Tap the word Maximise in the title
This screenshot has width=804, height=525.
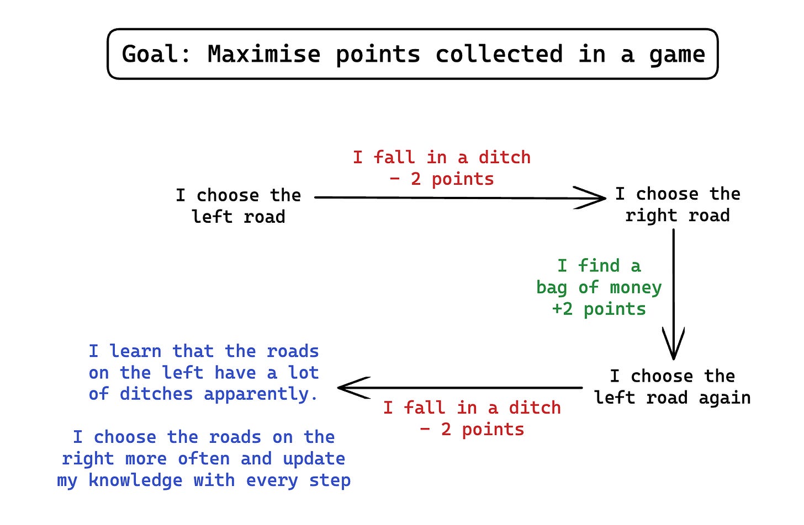click(x=263, y=55)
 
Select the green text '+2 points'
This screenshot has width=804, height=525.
click(x=599, y=309)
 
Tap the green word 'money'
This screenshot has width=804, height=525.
click(x=635, y=288)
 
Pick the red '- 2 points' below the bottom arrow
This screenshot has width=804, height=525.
click(x=472, y=429)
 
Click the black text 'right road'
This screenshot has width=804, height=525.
click(x=677, y=216)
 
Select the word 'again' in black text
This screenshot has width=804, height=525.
click(x=724, y=398)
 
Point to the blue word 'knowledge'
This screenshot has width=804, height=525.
click(x=135, y=480)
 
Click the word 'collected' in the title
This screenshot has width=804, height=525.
click(x=499, y=55)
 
